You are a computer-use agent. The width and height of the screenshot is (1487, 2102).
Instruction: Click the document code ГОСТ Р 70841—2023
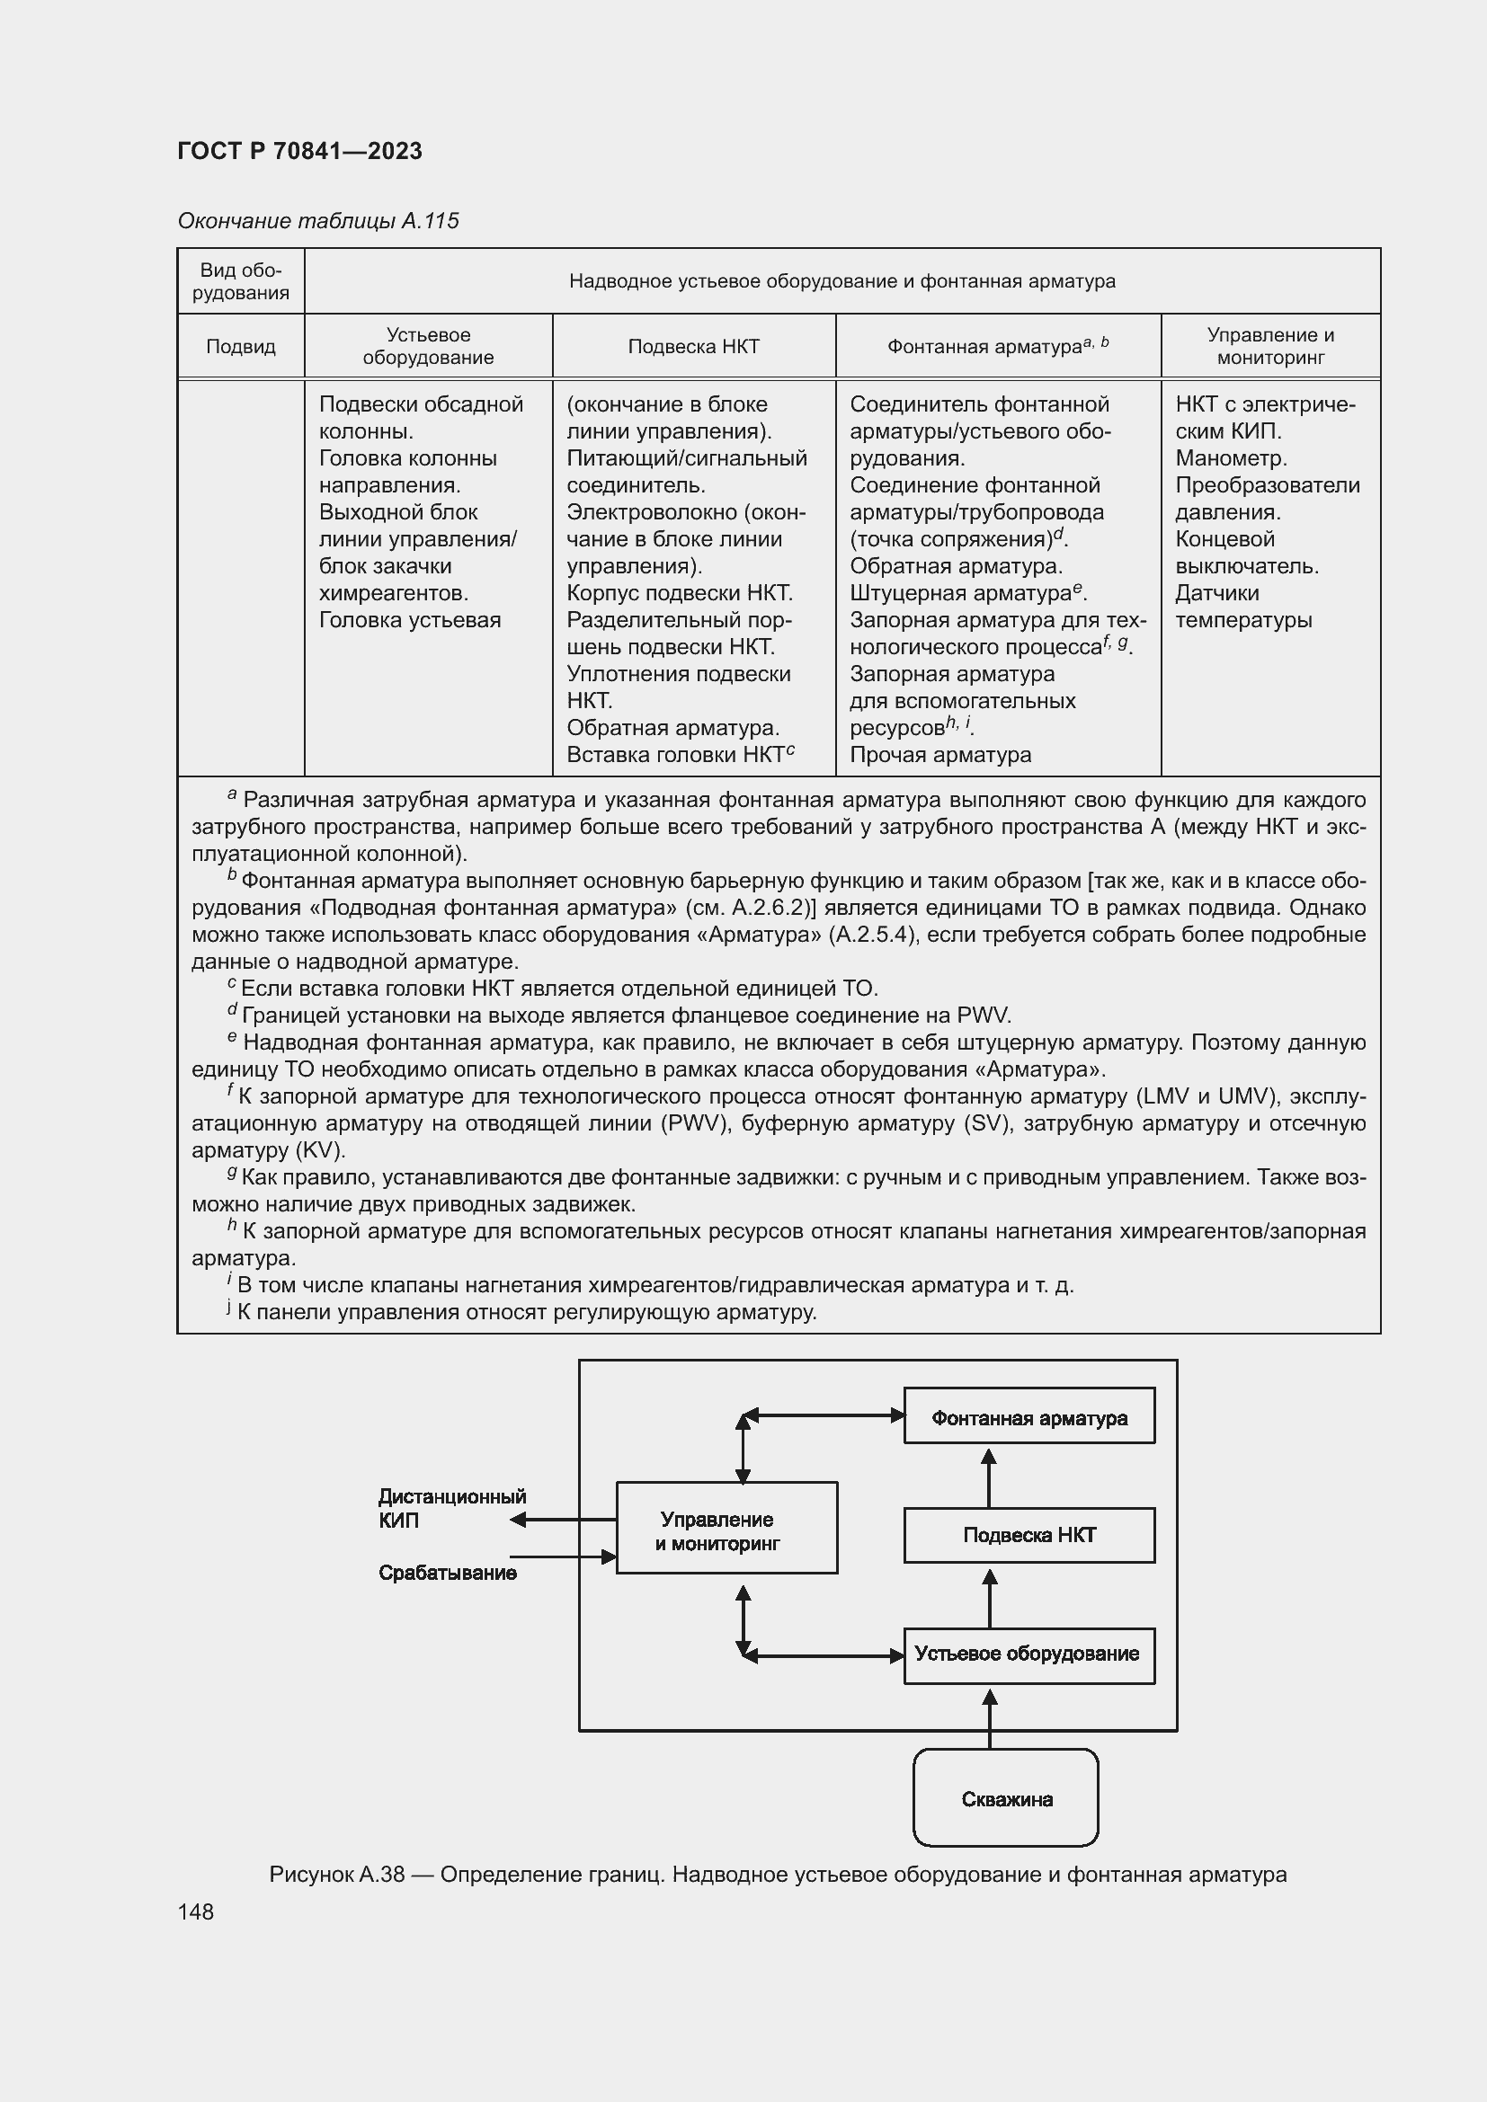click(x=299, y=151)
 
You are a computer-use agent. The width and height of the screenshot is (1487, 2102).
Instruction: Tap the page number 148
click(x=196, y=1911)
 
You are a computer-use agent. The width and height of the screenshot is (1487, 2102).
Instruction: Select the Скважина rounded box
click(x=1005, y=1799)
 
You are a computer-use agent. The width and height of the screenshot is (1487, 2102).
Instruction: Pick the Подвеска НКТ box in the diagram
click(x=1028, y=1535)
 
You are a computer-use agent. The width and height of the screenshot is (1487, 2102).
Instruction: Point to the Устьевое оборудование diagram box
click(x=1028, y=1654)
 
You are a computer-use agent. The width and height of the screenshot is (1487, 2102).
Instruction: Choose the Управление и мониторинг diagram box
click(x=726, y=1531)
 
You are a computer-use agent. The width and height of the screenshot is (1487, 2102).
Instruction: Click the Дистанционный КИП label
click(x=451, y=1508)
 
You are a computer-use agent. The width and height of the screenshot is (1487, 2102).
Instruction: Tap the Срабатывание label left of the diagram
click(x=448, y=1573)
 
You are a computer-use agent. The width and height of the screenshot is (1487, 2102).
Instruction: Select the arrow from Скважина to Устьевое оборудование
click(x=989, y=1718)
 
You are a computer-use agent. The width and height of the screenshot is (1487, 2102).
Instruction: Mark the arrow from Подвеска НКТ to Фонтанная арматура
click(x=989, y=1477)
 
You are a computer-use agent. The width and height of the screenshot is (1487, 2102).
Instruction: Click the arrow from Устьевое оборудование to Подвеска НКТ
click(x=989, y=1597)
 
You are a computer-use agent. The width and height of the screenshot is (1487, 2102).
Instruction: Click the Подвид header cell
click(x=241, y=347)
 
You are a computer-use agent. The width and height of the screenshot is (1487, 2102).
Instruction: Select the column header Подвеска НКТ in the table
click(x=693, y=347)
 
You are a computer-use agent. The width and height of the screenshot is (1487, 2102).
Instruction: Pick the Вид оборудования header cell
click(x=241, y=281)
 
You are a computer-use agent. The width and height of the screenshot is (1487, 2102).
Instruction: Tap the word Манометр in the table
click(x=1231, y=457)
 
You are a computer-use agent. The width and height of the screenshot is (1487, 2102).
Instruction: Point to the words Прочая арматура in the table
click(x=940, y=754)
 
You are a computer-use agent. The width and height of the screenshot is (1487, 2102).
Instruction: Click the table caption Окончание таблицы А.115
click(x=317, y=221)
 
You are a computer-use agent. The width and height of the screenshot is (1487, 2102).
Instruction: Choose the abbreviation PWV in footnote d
click(x=983, y=1016)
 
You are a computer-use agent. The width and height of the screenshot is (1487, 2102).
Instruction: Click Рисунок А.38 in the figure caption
click(x=337, y=1874)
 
